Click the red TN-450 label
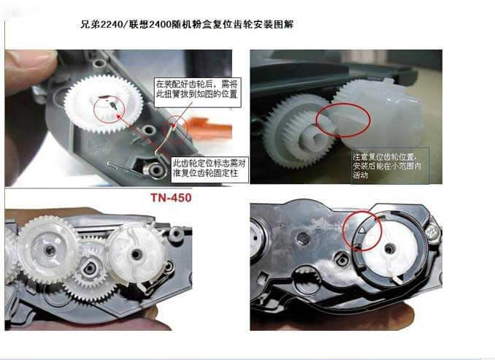pos(171,198)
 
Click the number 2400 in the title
pos(158,24)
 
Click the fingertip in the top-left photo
pos(30,68)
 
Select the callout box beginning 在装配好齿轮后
pos(198,92)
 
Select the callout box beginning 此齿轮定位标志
pos(210,169)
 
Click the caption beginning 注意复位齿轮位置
pos(388,166)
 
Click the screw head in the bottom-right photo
pos(431,232)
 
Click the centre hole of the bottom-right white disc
pos(389,249)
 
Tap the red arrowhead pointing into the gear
pos(118,117)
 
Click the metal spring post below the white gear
pos(155,170)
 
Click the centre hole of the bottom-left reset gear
pos(137,254)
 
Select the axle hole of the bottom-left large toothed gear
pos(50,250)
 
